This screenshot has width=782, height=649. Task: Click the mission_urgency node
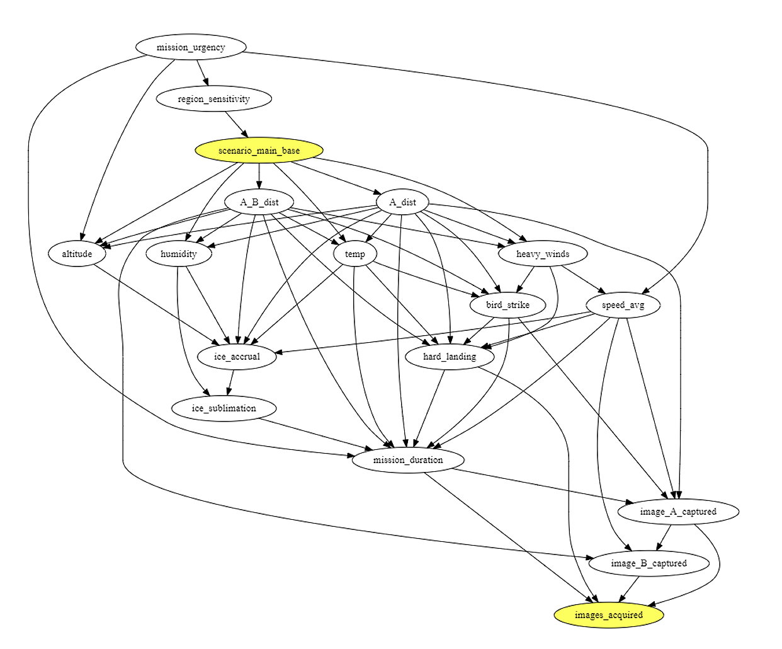pos(191,47)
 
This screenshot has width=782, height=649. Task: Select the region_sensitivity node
pos(213,99)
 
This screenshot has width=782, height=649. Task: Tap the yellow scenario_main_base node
pos(259,151)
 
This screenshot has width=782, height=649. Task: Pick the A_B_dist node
pos(259,202)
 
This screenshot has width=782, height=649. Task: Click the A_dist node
pos(402,202)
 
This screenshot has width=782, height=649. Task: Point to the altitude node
pos(77,254)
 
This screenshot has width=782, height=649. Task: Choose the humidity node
pos(178,254)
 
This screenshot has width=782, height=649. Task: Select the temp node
pos(354,254)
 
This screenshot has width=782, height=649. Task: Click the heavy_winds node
pos(542,254)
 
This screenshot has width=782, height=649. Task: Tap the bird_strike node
pos(507,305)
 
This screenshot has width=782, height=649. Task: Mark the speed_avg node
pos(623,305)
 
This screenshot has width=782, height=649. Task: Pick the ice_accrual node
pos(237,357)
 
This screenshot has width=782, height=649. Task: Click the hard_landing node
pos(449,357)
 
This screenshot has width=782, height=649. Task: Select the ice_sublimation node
pos(224,408)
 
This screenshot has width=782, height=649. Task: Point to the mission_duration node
pos(408,460)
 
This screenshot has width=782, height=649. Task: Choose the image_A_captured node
pos(677,512)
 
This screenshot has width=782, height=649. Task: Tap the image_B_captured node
pos(649,563)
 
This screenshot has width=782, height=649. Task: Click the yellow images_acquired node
pos(608,615)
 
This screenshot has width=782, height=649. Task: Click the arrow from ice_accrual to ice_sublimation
pos(231,382)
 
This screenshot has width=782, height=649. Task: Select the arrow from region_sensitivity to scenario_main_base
pos(237,125)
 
